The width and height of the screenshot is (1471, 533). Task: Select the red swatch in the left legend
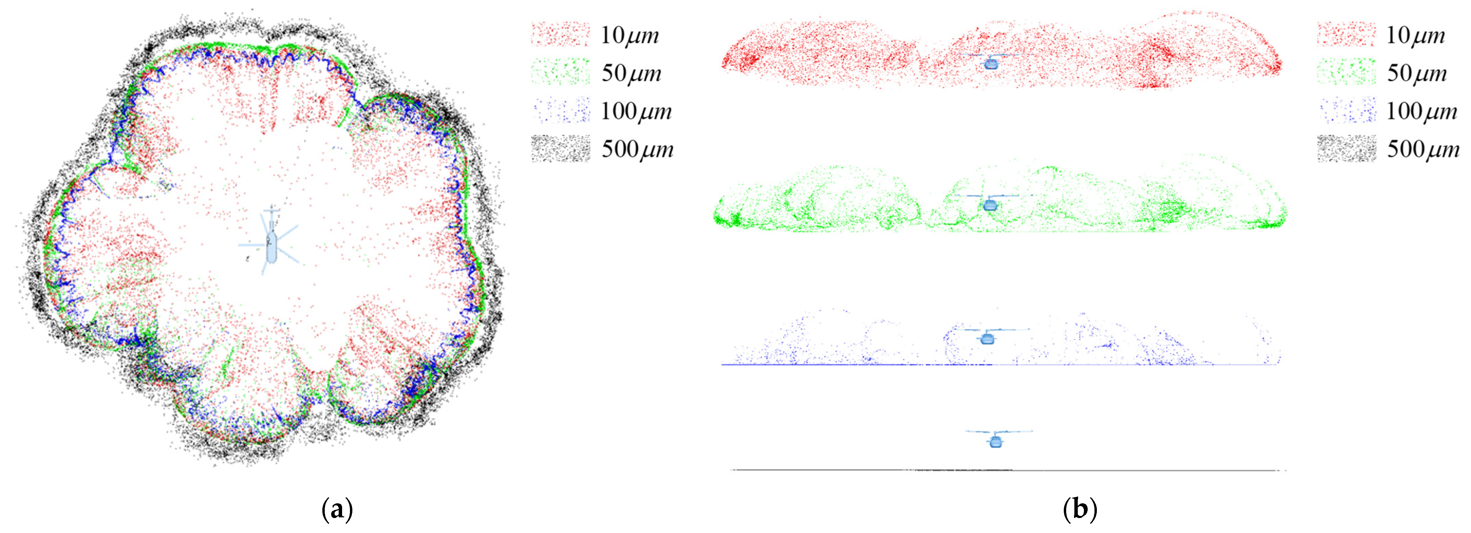(x=560, y=34)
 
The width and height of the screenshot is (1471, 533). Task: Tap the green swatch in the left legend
(x=560, y=72)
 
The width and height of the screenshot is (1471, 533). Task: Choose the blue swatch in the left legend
(x=560, y=110)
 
